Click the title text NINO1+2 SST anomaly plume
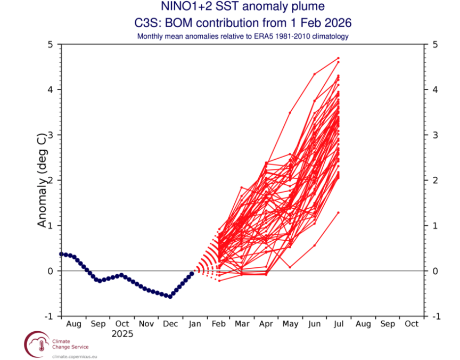point(243,6)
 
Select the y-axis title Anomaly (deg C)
point(42,181)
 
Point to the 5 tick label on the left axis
point(51,45)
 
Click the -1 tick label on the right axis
point(437,316)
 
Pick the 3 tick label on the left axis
point(51,135)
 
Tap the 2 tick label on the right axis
point(436,180)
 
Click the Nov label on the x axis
point(146,324)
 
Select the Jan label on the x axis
point(195,324)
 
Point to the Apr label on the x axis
point(266,324)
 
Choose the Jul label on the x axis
point(339,324)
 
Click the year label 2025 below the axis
point(122,334)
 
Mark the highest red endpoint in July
point(338,58)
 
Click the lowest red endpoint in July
point(338,212)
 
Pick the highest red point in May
point(290,113)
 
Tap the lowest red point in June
point(315,246)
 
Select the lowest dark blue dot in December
point(170,297)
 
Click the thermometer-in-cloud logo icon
point(37,345)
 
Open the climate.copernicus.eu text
point(75,357)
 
